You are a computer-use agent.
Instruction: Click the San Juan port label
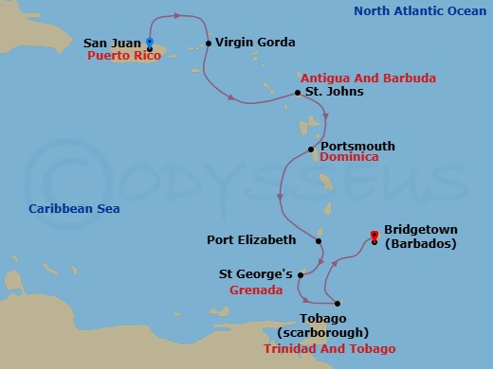click(113, 43)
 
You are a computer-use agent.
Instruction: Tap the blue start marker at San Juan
click(150, 42)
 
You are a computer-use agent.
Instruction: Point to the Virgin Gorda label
click(255, 43)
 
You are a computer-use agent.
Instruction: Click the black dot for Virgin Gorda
click(208, 44)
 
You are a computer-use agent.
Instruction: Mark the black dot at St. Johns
click(297, 93)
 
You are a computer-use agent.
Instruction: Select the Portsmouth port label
click(357, 147)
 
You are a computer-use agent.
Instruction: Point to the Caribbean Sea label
click(67, 208)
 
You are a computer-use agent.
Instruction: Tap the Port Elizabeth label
click(251, 240)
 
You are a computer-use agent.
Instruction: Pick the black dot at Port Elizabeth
click(320, 240)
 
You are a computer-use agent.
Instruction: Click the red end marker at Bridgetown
click(374, 234)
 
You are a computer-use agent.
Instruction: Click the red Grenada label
click(256, 291)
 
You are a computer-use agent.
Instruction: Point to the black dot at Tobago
click(338, 304)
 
